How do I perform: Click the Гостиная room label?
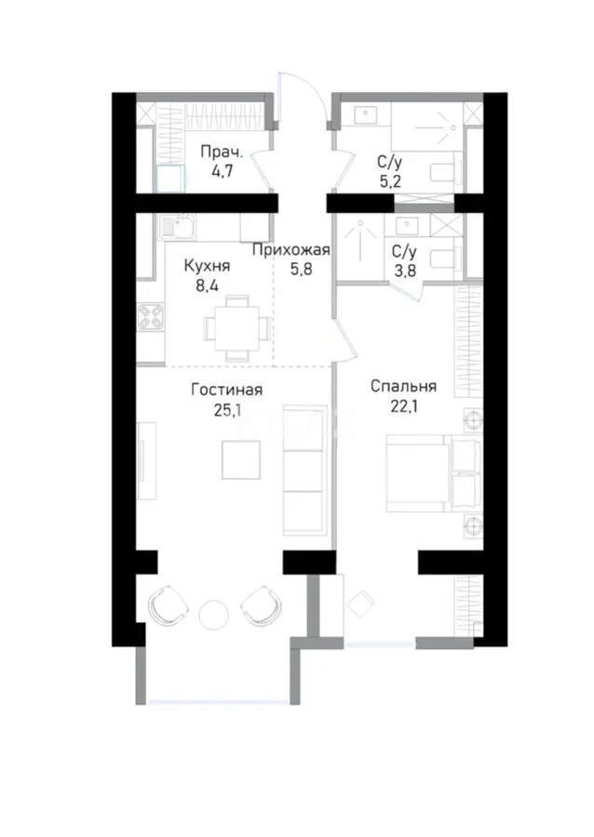226,390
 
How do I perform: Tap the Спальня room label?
403,386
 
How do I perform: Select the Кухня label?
207,266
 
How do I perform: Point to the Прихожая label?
291,250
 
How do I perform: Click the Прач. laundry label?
222,153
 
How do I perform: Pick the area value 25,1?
226,410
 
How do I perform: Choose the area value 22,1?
404,406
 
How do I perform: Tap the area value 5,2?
390,181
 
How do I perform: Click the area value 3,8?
404,271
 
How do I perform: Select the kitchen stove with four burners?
151,316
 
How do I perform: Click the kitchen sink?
177,227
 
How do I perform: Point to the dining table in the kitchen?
236,327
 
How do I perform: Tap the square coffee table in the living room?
241,459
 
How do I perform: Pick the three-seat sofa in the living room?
304,471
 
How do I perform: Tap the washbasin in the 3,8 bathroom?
412,225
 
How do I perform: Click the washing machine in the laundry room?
171,179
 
